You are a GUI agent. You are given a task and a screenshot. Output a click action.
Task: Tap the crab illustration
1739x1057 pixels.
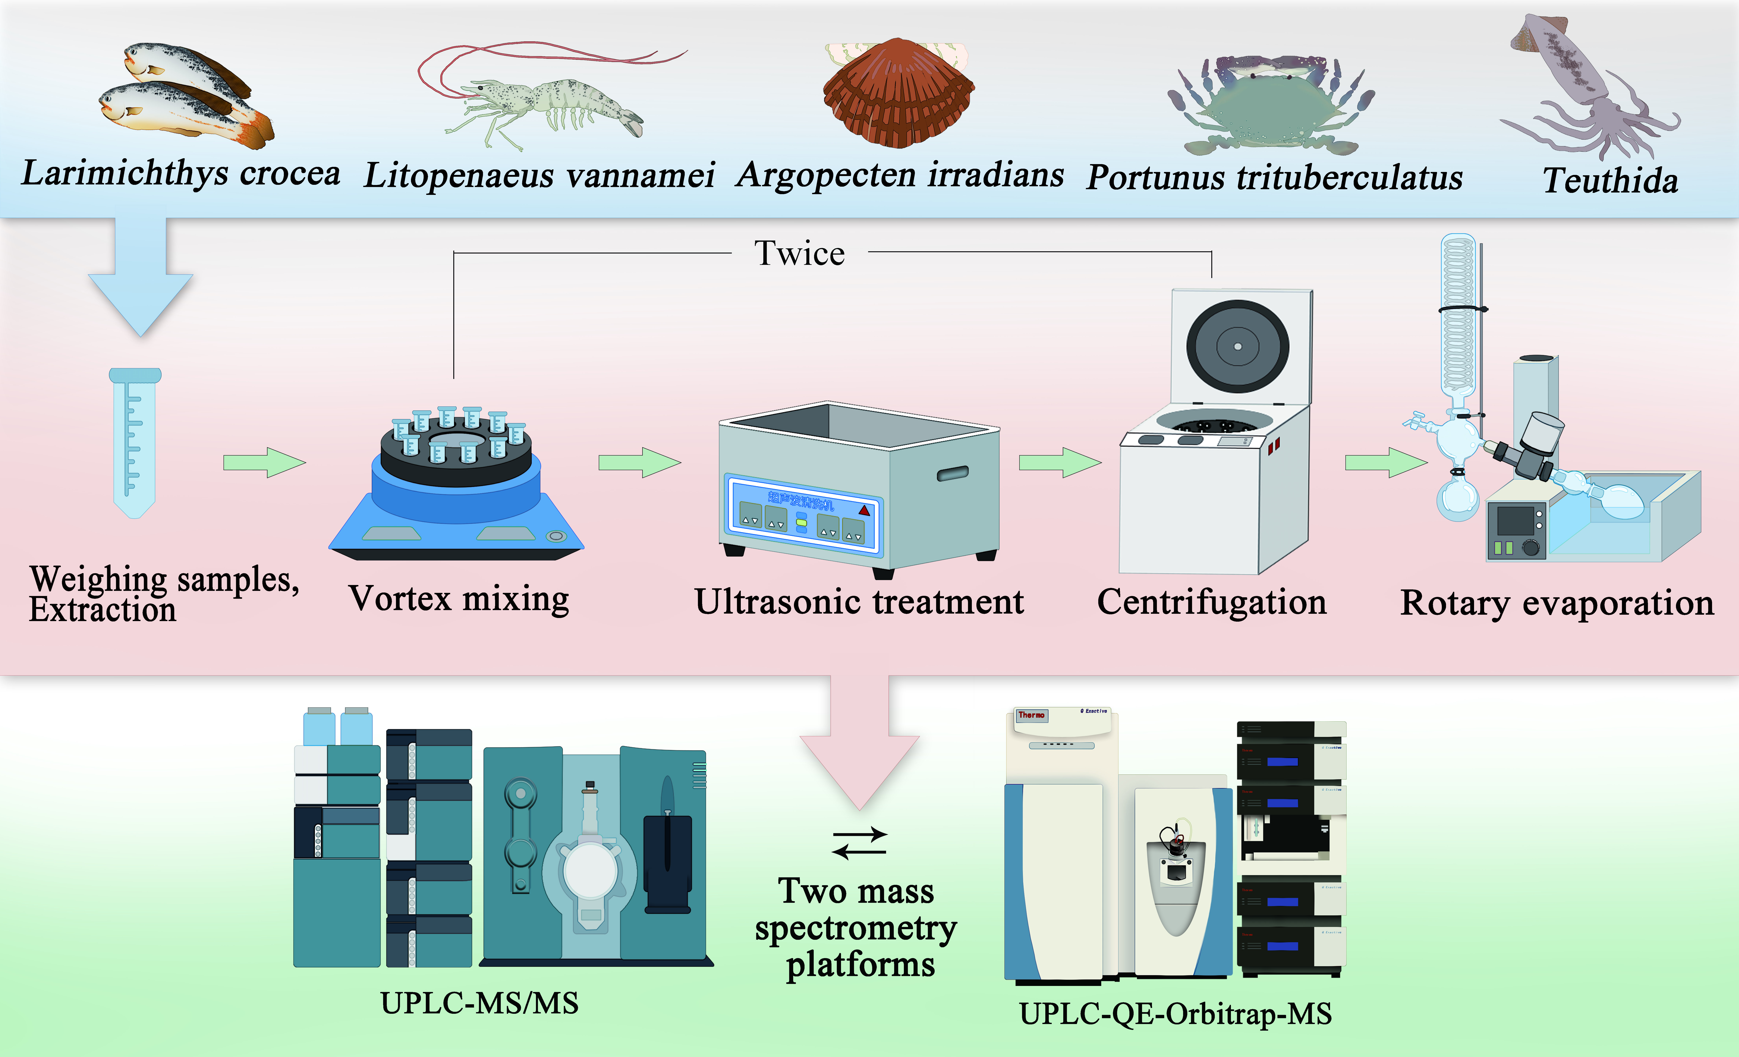(1270, 109)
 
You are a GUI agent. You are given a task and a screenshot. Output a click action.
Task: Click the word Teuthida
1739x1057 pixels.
(1610, 181)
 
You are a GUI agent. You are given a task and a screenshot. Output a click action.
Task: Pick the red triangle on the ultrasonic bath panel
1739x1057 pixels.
(864, 509)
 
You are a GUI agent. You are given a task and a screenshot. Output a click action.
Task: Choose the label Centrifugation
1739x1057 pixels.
(1211, 602)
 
